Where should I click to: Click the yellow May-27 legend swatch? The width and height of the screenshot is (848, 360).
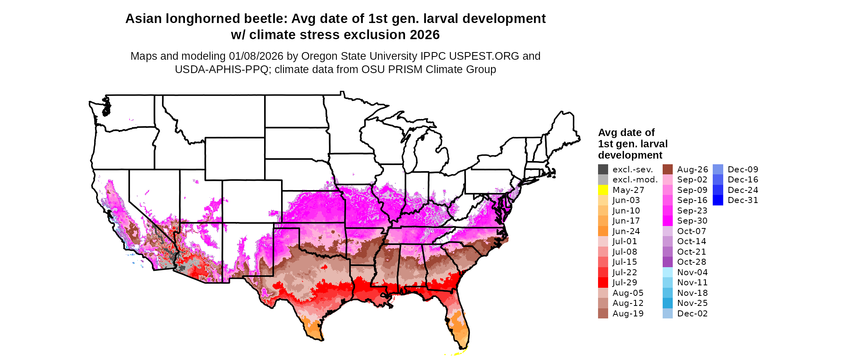(603, 190)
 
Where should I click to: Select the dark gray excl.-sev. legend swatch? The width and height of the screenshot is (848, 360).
(603, 170)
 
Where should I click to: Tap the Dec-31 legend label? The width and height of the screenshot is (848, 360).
(743, 200)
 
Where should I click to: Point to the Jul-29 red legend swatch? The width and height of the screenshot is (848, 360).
(603, 283)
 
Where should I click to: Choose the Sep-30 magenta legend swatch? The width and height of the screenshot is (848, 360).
(667, 221)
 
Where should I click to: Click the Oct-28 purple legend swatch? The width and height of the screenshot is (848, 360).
(667, 262)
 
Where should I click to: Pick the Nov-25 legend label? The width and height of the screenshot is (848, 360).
(692, 303)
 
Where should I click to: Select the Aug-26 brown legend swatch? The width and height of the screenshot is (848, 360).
(667, 170)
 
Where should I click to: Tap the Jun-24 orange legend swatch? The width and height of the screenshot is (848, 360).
(603, 231)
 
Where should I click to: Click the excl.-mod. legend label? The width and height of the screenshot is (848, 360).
(635, 180)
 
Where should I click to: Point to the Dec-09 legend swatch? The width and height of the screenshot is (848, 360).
(718, 170)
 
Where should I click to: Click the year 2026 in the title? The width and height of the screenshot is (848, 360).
(424, 35)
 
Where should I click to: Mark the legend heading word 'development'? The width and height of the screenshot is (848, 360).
(630, 155)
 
